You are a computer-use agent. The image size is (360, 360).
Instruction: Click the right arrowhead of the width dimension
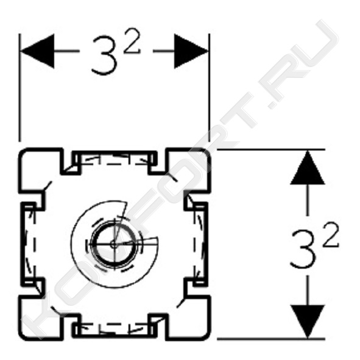coord(191,51)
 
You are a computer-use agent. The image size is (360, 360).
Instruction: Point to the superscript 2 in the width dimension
coord(132,41)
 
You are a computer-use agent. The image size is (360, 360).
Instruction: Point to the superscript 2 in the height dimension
coord(331,235)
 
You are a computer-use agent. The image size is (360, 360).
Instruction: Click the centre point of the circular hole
coord(114,244)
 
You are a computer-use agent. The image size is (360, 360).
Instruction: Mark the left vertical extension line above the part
coord(19,88)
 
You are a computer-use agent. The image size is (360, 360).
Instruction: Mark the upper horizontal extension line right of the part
coord(271,149)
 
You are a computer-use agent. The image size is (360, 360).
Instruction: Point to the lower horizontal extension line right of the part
coord(271,339)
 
